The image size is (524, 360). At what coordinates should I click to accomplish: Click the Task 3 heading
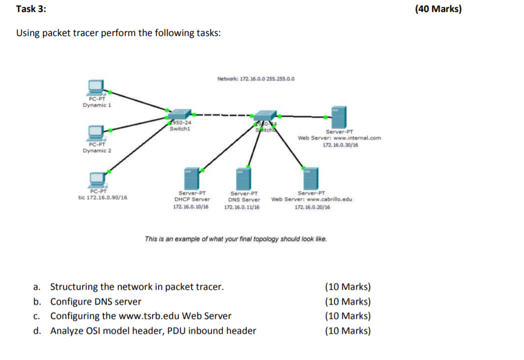31,10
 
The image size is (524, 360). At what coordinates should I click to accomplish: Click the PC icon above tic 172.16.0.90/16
97,177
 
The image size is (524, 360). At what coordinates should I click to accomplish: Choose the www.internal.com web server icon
339,117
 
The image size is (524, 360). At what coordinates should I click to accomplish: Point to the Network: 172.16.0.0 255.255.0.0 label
256,79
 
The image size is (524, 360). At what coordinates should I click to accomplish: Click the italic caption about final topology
236,239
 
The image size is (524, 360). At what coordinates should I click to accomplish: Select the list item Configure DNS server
95,301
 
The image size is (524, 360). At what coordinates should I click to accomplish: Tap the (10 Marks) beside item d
347,331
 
